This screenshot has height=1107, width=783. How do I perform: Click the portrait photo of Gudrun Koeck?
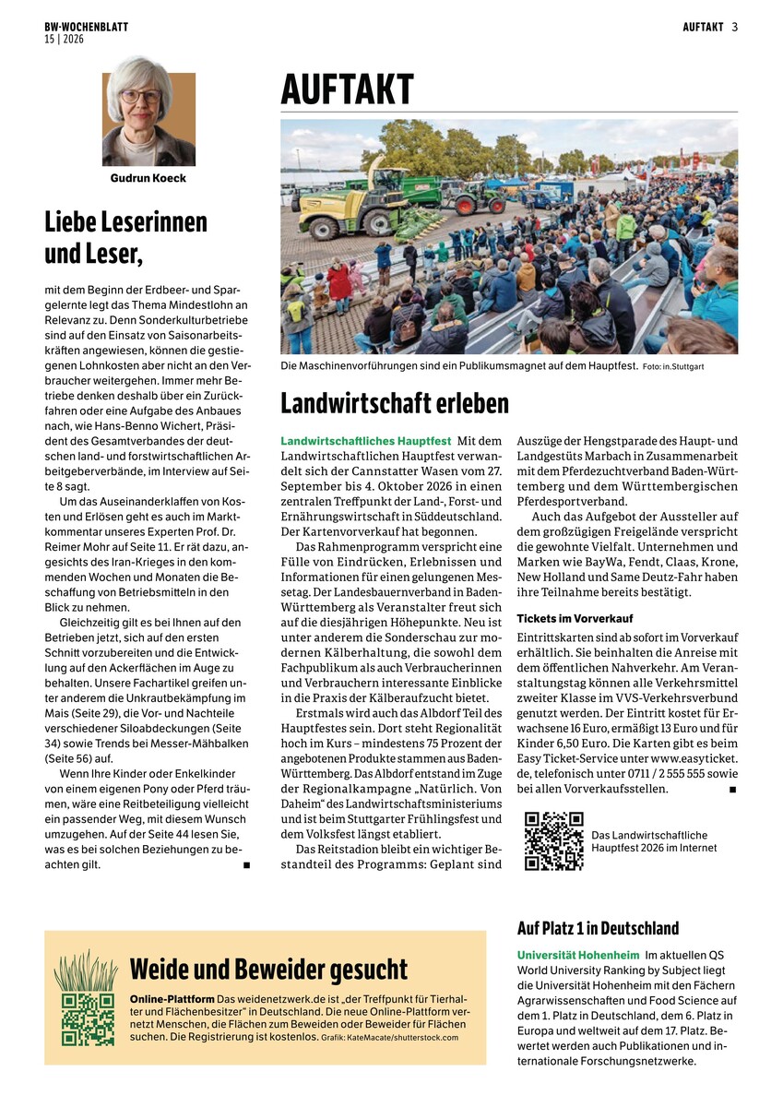coord(148,112)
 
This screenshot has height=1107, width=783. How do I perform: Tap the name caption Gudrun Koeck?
coord(148,178)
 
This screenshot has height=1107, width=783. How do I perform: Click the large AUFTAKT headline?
coord(348,90)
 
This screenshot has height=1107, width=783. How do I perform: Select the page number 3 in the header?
coord(735,27)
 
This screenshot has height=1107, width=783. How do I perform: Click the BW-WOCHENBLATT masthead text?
coord(86,27)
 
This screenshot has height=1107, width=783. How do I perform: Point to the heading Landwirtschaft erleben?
coord(394,403)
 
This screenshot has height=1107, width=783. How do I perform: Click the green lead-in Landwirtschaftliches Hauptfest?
coord(366,442)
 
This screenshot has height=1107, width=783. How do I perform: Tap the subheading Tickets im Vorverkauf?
coord(575,618)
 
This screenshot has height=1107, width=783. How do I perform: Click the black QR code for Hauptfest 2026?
coord(553,840)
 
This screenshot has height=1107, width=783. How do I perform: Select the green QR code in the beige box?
coord(88,1018)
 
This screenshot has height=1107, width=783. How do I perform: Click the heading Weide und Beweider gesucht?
coord(268,970)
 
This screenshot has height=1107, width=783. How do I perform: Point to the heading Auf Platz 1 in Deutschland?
coord(598,928)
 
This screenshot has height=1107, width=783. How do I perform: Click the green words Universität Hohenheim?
coord(576,955)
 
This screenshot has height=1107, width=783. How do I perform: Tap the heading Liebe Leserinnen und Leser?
coord(126,236)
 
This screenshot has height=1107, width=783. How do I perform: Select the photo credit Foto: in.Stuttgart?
coord(673,367)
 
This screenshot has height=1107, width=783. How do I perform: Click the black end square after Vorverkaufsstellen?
coord(732,790)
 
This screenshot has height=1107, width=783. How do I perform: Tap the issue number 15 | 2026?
coord(63,39)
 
